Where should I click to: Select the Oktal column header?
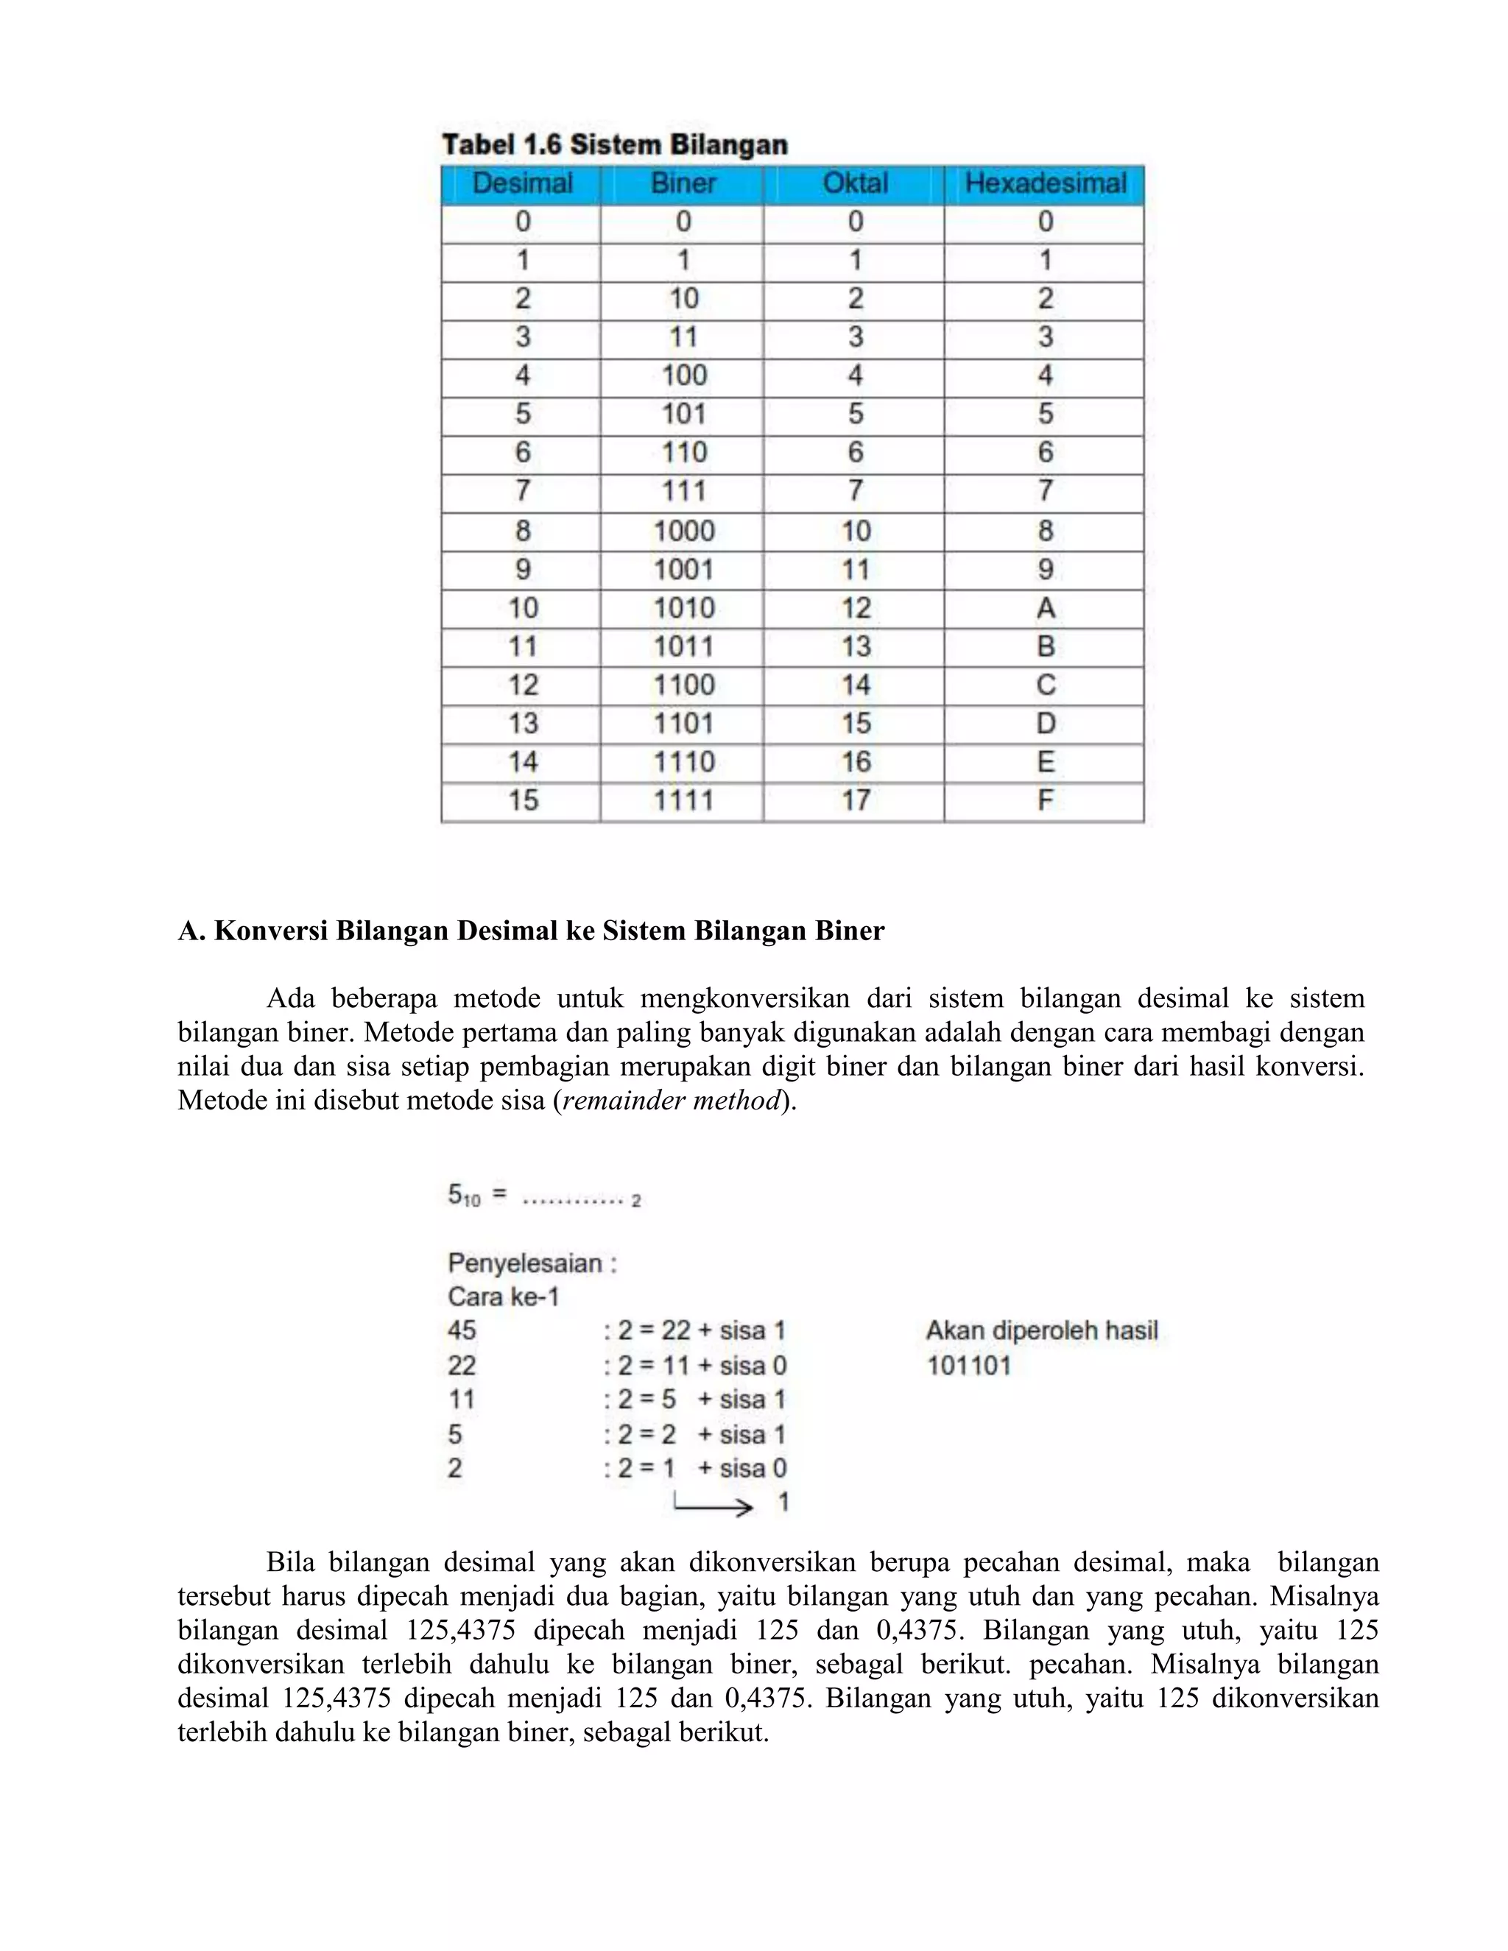(855, 184)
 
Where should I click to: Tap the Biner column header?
(683, 184)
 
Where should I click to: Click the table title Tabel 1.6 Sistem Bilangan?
(615, 145)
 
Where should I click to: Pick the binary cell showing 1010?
(683, 608)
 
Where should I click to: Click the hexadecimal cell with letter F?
(1046, 800)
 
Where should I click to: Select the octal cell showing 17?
(855, 800)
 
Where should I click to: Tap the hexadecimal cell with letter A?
(1046, 608)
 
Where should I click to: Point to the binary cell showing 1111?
(683, 800)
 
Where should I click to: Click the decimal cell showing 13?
(523, 724)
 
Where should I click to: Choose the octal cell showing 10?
(855, 532)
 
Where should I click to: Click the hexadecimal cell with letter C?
(1046, 685)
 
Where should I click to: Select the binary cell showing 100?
(683, 375)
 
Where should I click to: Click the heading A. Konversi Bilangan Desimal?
(531, 931)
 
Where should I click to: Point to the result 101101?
(968, 1365)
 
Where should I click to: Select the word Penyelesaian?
(525, 1263)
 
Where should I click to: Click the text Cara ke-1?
(503, 1296)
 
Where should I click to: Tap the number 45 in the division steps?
(462, 1331)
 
